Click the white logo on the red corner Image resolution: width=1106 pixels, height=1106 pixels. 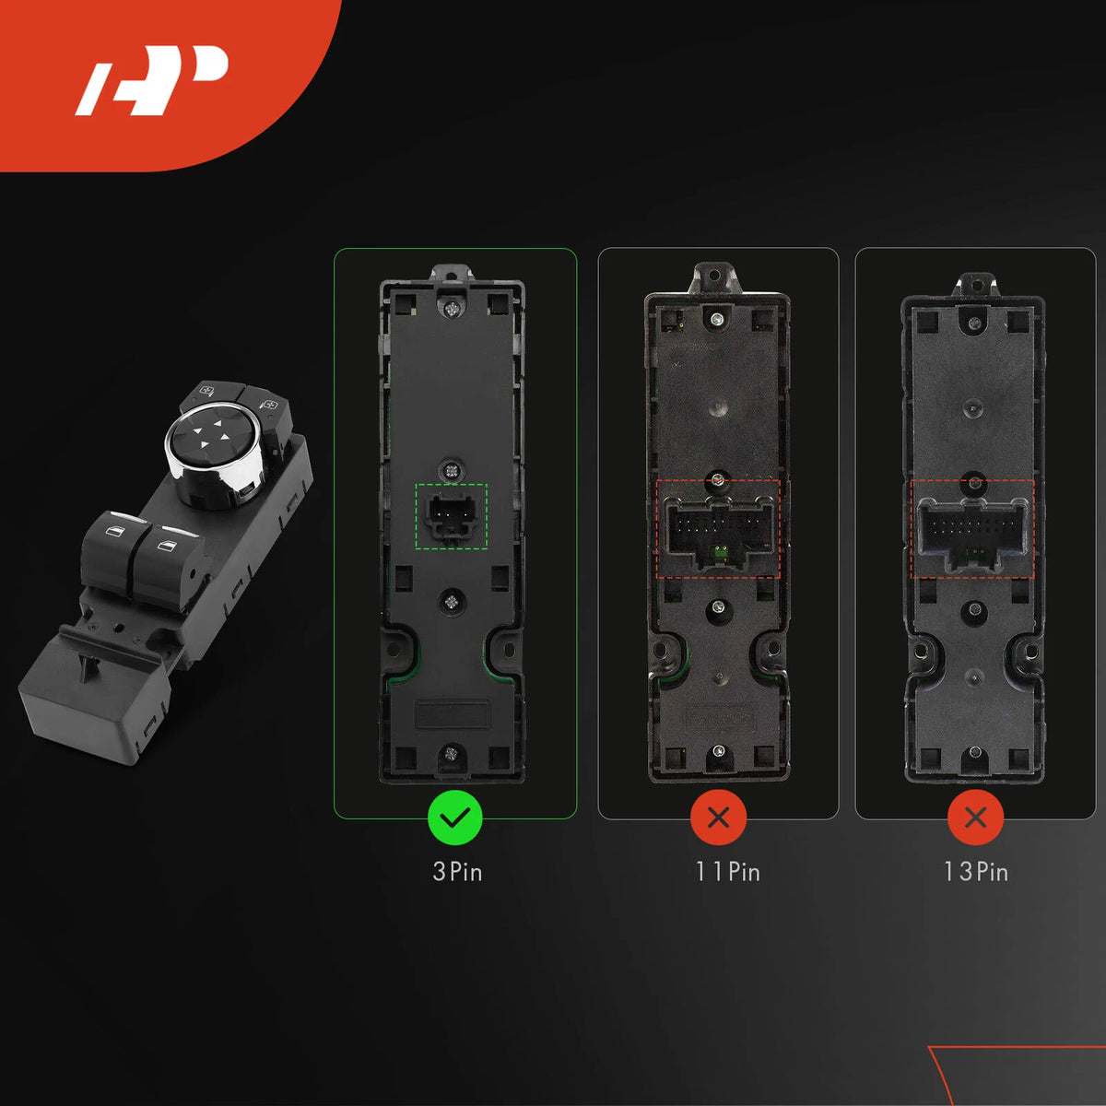(152, 80)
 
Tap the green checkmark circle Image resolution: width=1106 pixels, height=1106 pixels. (455, 818)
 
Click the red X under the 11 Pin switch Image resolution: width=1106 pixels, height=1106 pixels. (718, 818)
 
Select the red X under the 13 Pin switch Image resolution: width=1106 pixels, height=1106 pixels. (976, 818)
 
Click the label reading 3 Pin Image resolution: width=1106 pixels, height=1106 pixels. (457, 871)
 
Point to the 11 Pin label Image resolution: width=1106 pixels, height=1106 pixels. (728, 871)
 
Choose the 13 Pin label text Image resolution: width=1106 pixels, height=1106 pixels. (976, 871)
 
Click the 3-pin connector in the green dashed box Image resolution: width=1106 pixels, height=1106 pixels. (452, 515)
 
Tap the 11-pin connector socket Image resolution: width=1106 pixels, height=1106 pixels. (718, 529)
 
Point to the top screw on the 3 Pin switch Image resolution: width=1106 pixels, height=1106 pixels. (452, 310)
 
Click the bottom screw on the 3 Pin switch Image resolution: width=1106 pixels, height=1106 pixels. (451, 753)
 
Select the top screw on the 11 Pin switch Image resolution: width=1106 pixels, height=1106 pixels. (716, 319)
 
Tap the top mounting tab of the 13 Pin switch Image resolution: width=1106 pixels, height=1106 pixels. (974, 285)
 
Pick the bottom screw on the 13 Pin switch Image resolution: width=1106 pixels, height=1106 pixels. (974, 752)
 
